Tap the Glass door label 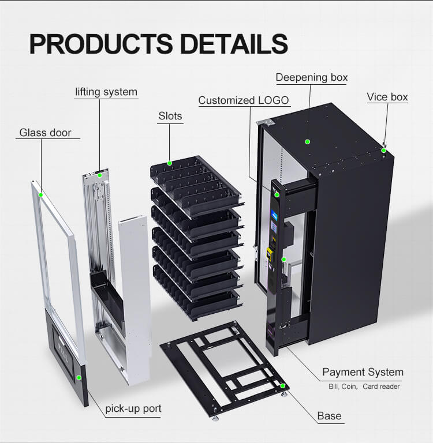pyautogui.click(x=46, y=133)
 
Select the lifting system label pyautogui.click(x=106, y=92)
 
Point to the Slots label pyautogui.click(x=170, y=116)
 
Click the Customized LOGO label pyautogui.click(x=243, y=100)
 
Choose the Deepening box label pyautogui.click(x=312, y=77)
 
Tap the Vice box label pyautogui.click(x=387, y=97)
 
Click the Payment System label pyautogui.click(x=363, y=372)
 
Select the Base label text pyautogui.click(x=329, y=415)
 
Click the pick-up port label pyautogui.click(x=133, y=409)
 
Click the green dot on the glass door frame pyautogui.click(x=42, y=195)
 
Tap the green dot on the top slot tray pyautogui.click(x=170, y=163)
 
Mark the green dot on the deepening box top pyautogui.click(x=308, y=141)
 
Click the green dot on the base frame pyautogui.click(x=283, y=385)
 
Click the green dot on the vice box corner pyautogui.click(x=384, y=150)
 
